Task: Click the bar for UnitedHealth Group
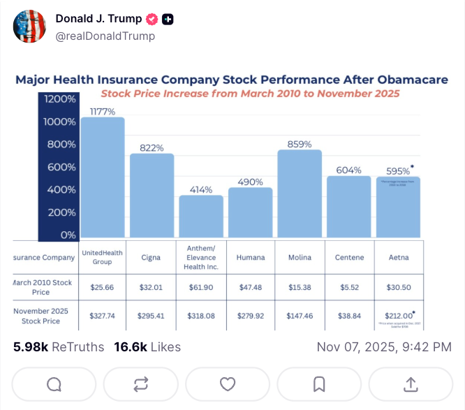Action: click(103, 177)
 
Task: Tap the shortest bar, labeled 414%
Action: click(201, 217)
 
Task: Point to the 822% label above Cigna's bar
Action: click(152, 147)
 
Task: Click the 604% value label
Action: click(348, 170)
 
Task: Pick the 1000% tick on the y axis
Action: click(60, 122)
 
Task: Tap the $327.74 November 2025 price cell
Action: click(103, 315)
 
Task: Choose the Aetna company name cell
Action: click(399, 257)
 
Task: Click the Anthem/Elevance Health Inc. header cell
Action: click(201, 257)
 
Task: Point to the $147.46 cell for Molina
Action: click(300, 315)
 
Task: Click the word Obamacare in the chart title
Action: click(401, 80)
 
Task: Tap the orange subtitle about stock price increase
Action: click(249, 93)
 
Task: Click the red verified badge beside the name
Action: click(152, 19)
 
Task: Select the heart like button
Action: click(227, 383)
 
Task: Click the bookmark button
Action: click(318, 383)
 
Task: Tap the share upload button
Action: click(411, 383)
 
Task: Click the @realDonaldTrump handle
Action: click(105, 36)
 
